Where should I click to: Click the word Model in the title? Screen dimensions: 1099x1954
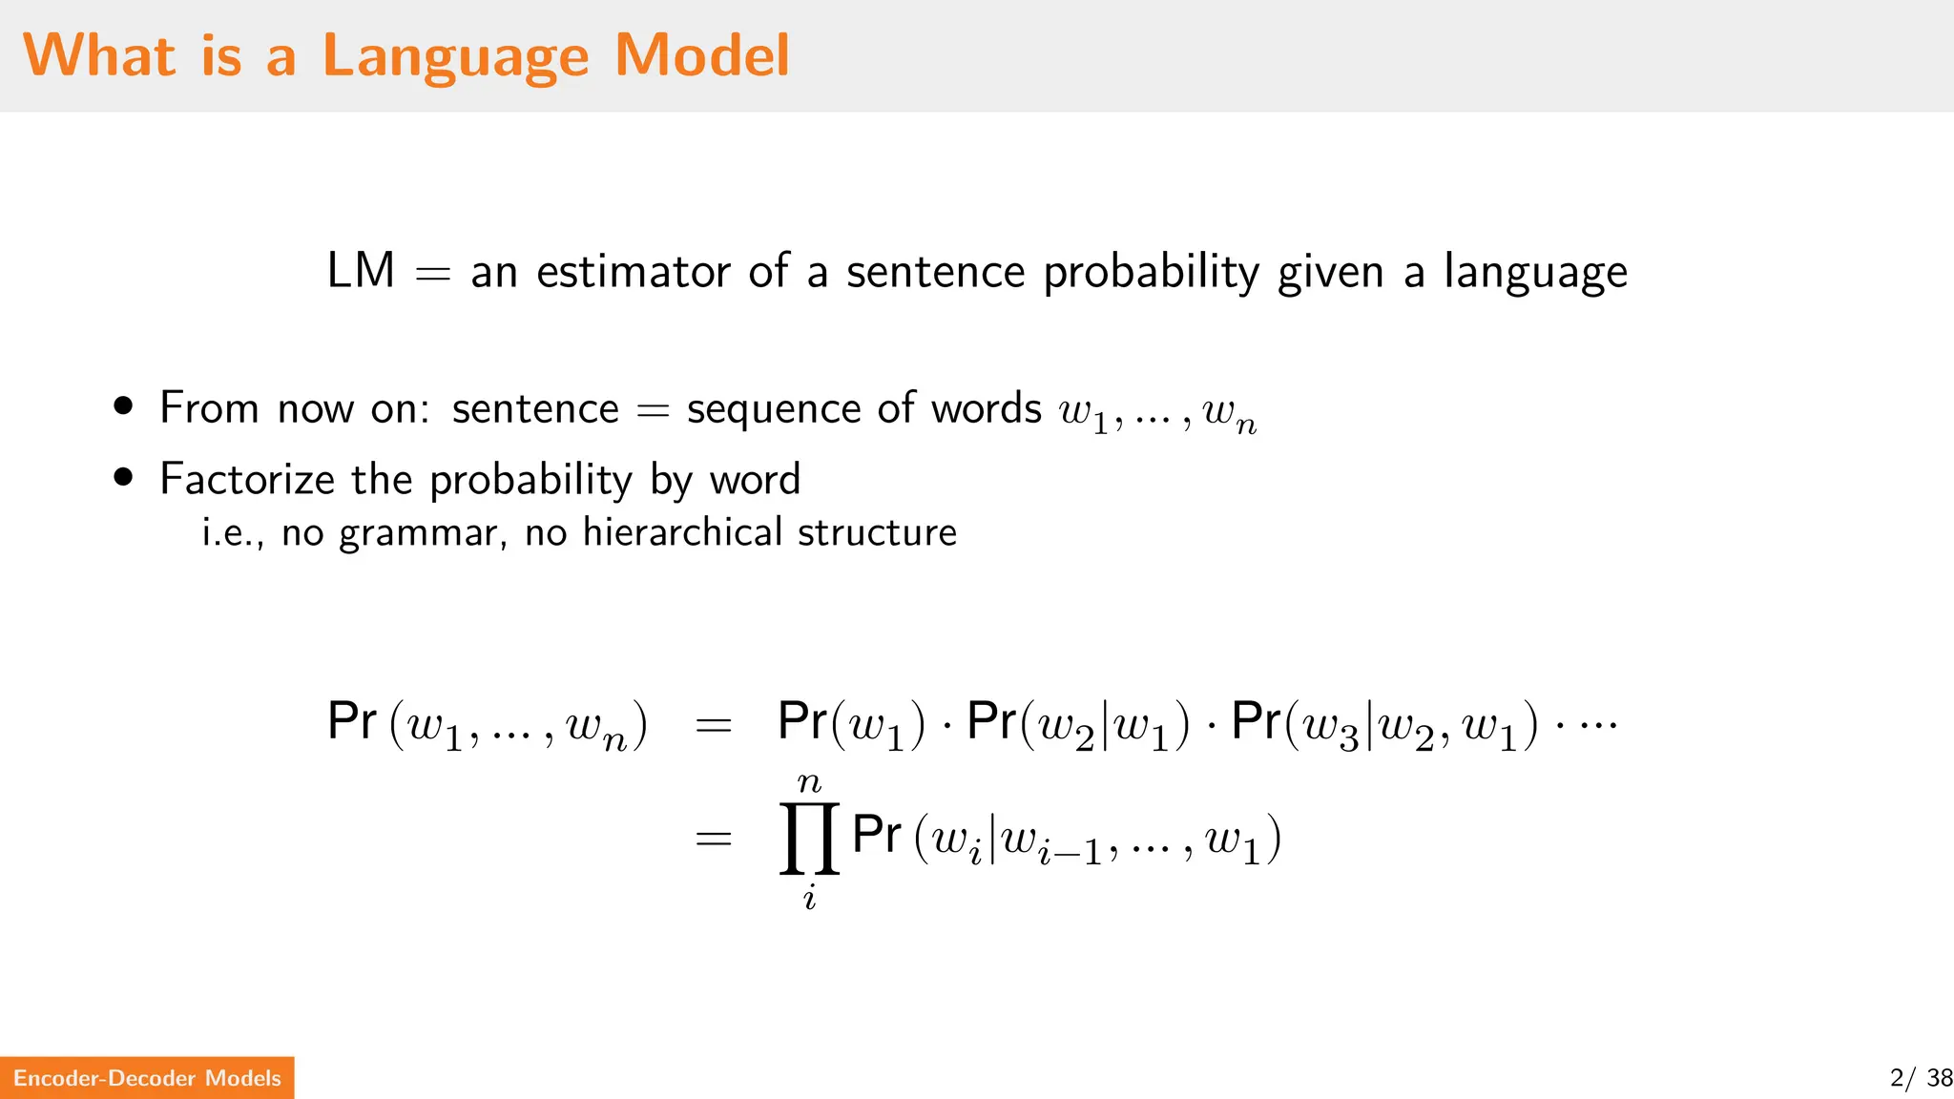pos(702,55)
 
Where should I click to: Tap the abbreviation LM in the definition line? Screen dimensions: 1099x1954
pos(361,271)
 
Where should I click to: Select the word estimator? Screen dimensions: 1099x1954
pos(633,272)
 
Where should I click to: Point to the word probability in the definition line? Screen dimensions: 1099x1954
pos(1152,274)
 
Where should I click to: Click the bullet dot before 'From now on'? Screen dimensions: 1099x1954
pos(123,406)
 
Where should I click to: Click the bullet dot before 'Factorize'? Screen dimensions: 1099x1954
pos(123,477)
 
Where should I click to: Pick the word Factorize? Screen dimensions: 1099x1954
pos(246,479)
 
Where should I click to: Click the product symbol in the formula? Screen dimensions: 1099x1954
pos(809,839)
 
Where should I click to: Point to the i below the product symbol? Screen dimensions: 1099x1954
pos(809,898)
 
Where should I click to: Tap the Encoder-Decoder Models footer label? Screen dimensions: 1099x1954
pos(147,1078)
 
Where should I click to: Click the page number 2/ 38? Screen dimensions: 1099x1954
pos(1921,1078)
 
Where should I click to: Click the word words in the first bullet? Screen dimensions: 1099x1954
pos(987,409)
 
